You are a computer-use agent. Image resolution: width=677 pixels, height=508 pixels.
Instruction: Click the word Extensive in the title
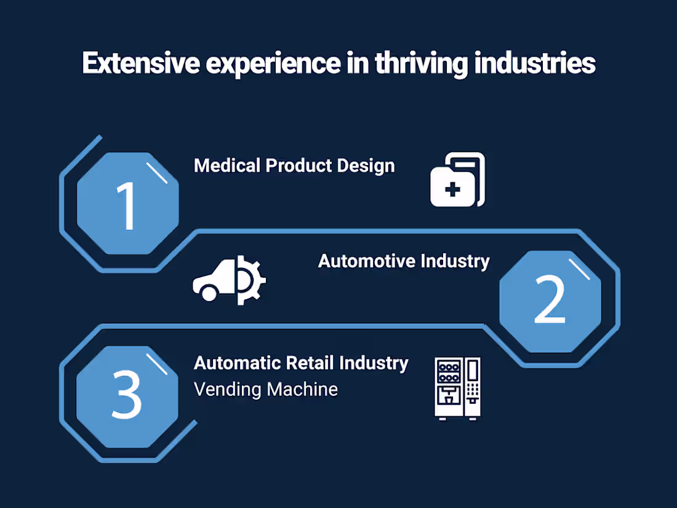[141, 63]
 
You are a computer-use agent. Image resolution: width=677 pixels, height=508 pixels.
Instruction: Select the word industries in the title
[535, 63]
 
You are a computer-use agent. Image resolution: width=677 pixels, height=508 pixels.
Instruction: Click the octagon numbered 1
[128, 203]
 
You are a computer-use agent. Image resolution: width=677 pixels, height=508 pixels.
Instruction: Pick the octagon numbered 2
[550, 302]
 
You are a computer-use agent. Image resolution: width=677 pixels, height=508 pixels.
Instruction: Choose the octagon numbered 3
[127, 397]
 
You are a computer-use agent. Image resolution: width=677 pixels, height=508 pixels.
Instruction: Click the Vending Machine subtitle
[265, 389]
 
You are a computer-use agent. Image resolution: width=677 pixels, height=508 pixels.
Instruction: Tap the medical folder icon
[458, 179]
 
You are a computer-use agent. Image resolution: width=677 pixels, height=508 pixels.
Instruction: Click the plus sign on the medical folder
[452, 190]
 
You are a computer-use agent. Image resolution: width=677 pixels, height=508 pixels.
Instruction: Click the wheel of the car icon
[209, 294]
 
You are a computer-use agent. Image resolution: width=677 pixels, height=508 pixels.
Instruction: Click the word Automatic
[236, 363]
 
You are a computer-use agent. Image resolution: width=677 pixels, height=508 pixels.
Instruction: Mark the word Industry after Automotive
[455, 262]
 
